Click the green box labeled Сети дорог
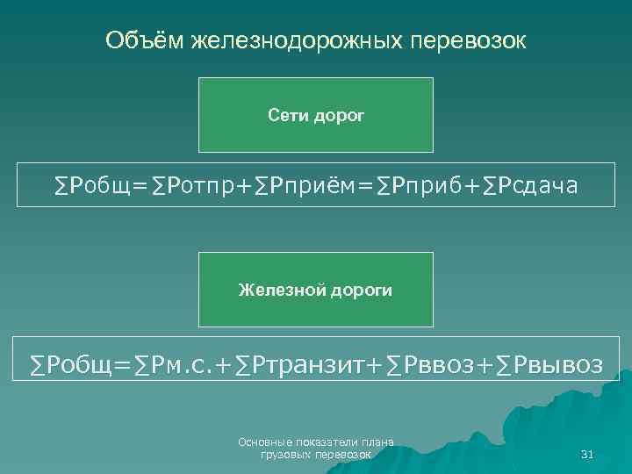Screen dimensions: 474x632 [315, 115]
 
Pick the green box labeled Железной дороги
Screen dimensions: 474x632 [315, 290]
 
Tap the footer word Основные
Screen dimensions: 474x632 [262, 442]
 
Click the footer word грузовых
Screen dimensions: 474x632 [282, 456]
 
